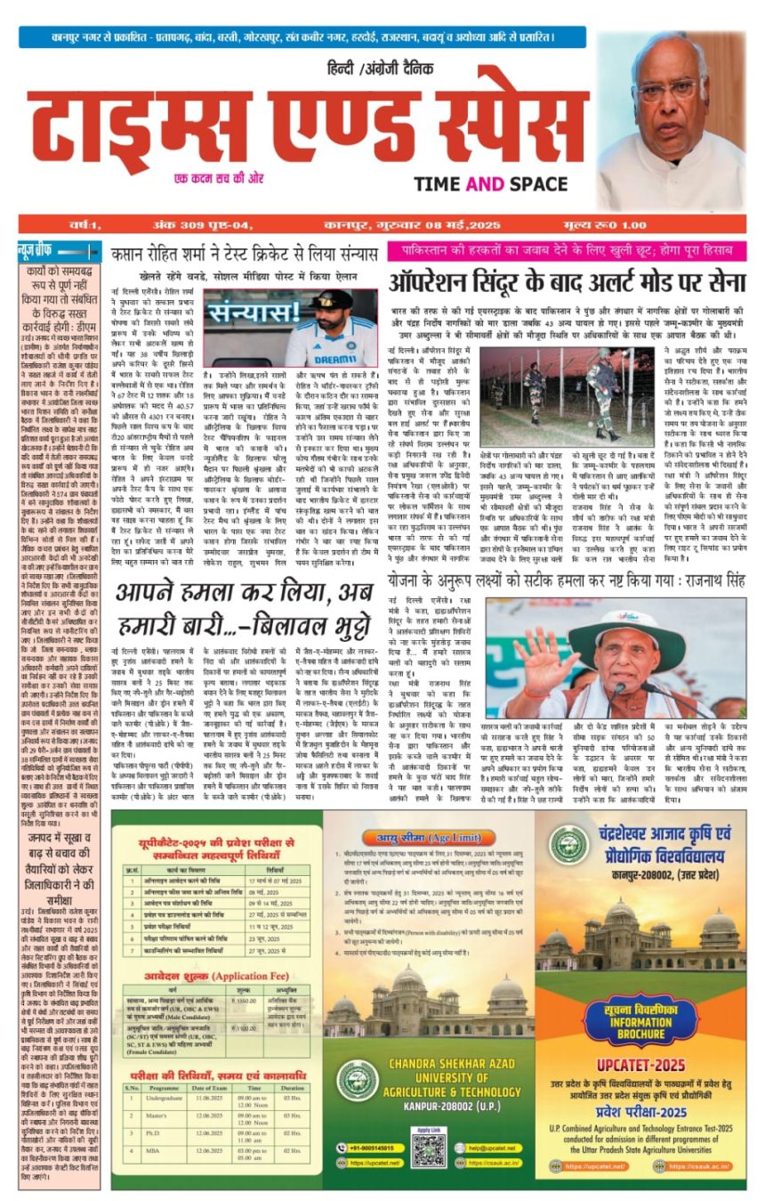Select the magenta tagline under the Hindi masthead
point(219,178)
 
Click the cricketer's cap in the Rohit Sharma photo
point(333,300)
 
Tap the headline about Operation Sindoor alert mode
point(566,283)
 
